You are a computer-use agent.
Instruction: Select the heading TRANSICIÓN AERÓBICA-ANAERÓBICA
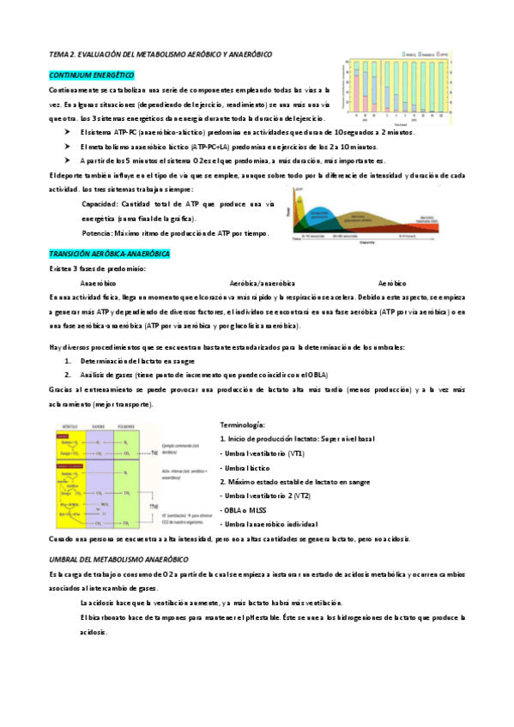(110, 255)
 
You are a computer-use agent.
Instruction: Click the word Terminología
(243, 425)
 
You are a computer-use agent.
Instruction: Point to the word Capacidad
(100, 205)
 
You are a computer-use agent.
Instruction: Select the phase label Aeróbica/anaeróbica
(263, 283)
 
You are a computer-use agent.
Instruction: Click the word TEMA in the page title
(59, 53)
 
